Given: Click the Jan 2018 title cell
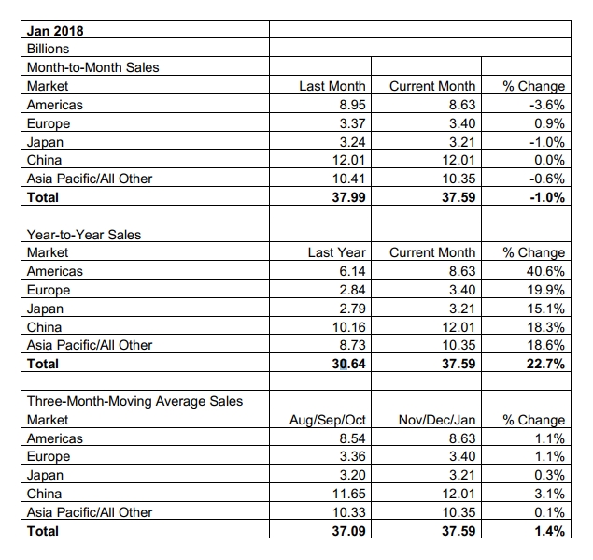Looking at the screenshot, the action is tap(55, 31).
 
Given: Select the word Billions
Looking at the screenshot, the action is tap(48, 49).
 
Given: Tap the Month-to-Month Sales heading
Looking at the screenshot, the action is tap(93, 67).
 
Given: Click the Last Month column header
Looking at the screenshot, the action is tap(332, 86).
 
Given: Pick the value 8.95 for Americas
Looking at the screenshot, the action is tap(352, 105).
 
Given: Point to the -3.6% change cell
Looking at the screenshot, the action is tap(547, 105).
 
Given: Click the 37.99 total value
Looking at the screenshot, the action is tap(348, 197).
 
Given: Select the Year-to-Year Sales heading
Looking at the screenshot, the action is tap(84, 235).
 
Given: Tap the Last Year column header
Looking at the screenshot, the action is tap(336, 252).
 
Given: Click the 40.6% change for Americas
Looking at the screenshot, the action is tap(546, 271).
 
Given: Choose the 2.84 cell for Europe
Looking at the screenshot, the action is tap(352, 290).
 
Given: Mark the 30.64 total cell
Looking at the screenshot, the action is tap(348, 364).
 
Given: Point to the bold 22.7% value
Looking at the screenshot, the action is tap(545, 364).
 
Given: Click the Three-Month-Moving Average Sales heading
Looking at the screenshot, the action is tap(135, 401).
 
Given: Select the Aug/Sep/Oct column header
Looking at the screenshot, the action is tap(328, 420).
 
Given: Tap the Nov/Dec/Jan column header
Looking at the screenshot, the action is tap(437, 420).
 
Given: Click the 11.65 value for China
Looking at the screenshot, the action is tap(349, 494).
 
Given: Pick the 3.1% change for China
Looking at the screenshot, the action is tap(549, 494).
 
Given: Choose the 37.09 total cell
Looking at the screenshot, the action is tap(348, 531).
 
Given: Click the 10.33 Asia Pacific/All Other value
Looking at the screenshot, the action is tap(349, 512).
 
